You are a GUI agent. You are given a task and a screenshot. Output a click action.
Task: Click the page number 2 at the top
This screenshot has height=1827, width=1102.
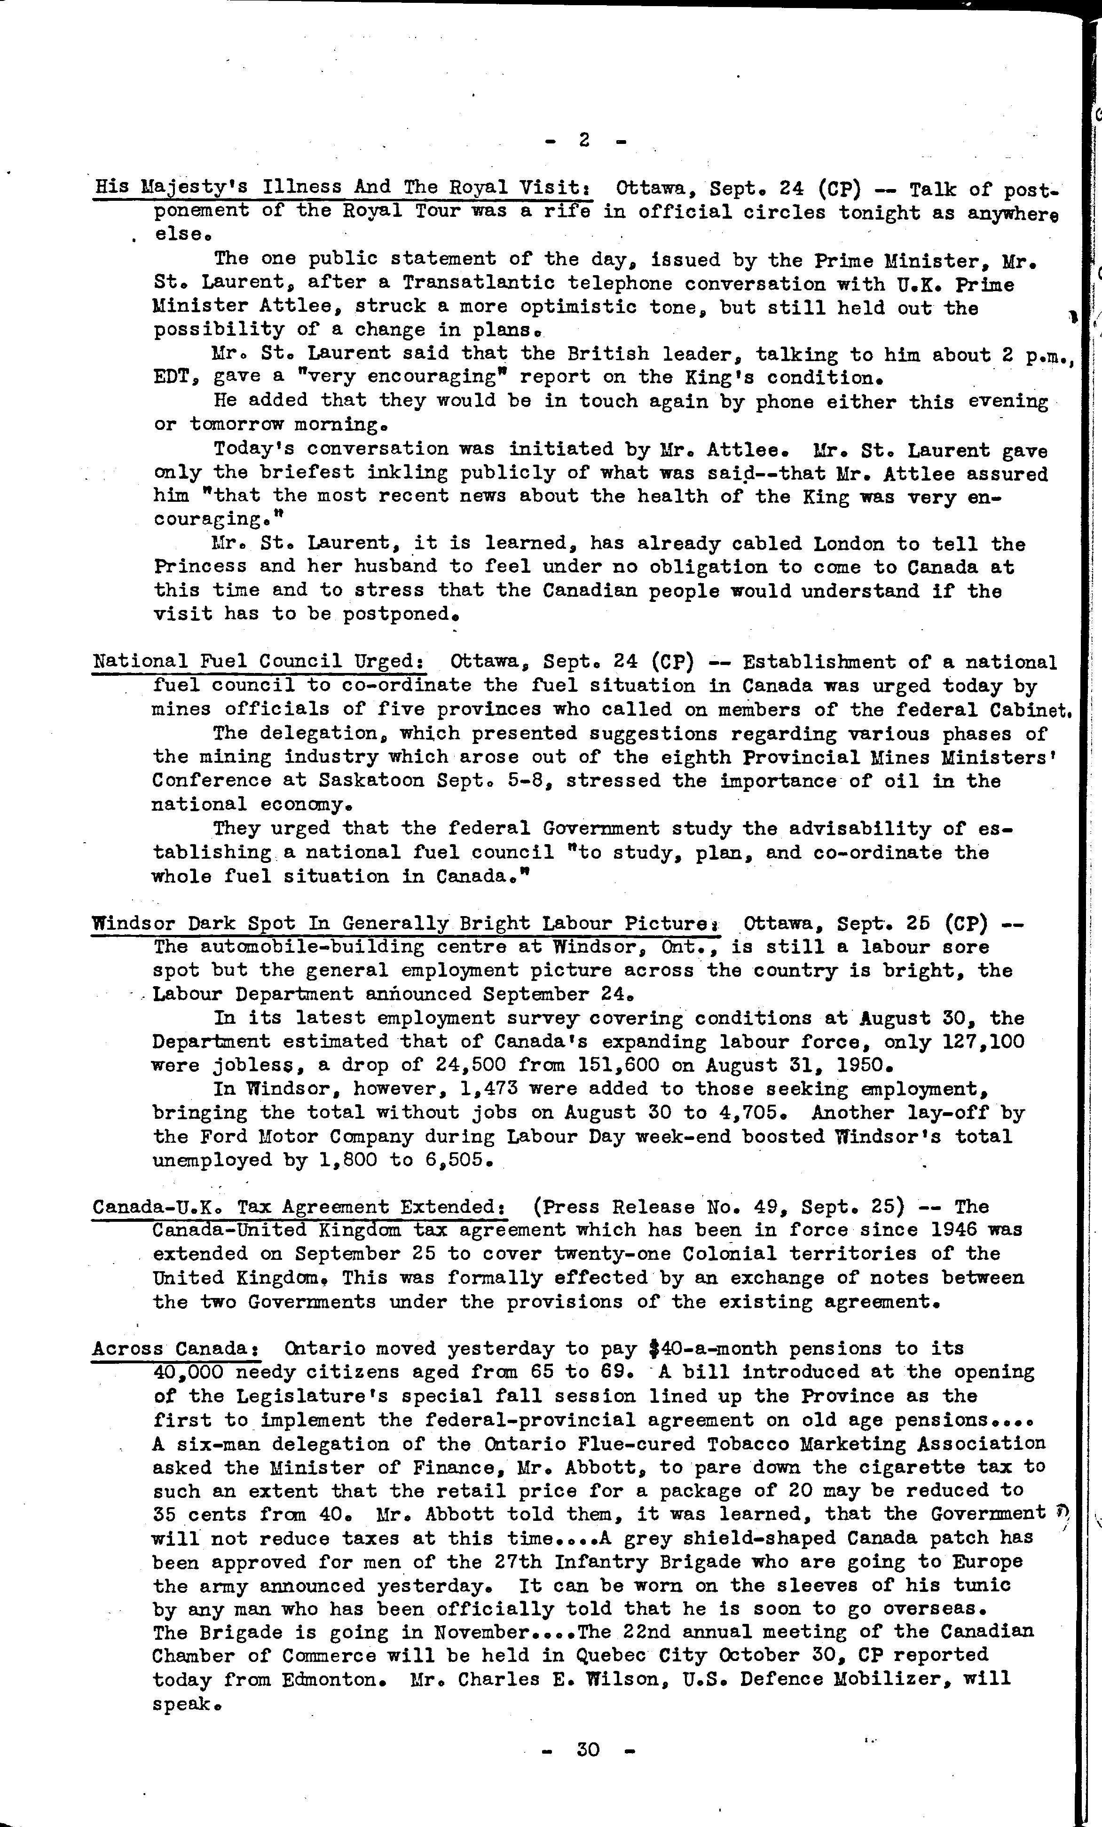pos(584,139)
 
